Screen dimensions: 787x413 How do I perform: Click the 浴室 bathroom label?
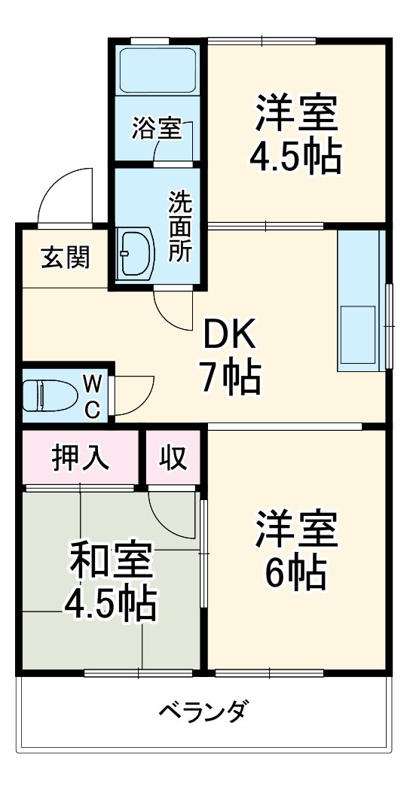point(156,128)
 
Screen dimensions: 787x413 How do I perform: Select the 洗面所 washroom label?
point(179,227)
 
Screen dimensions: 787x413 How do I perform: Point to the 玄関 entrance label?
point(65,258)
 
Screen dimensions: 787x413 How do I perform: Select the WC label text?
point(91,396)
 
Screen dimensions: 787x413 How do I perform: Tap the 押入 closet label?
point(81,457)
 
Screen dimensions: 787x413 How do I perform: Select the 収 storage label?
point(173,457)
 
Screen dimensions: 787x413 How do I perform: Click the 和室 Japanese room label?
point(111,560)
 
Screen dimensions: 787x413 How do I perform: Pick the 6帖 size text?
point(295,573)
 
